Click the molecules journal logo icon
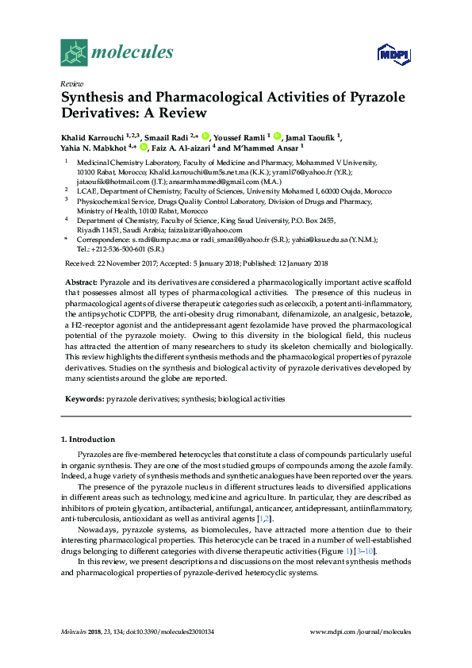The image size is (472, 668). coord(73,52)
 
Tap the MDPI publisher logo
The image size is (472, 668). coord(394,54)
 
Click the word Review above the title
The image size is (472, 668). coord(71,83)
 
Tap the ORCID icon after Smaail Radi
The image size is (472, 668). coord(205,136)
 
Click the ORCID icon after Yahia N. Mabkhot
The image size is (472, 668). coord(144,147)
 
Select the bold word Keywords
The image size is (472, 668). coord(83,398)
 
